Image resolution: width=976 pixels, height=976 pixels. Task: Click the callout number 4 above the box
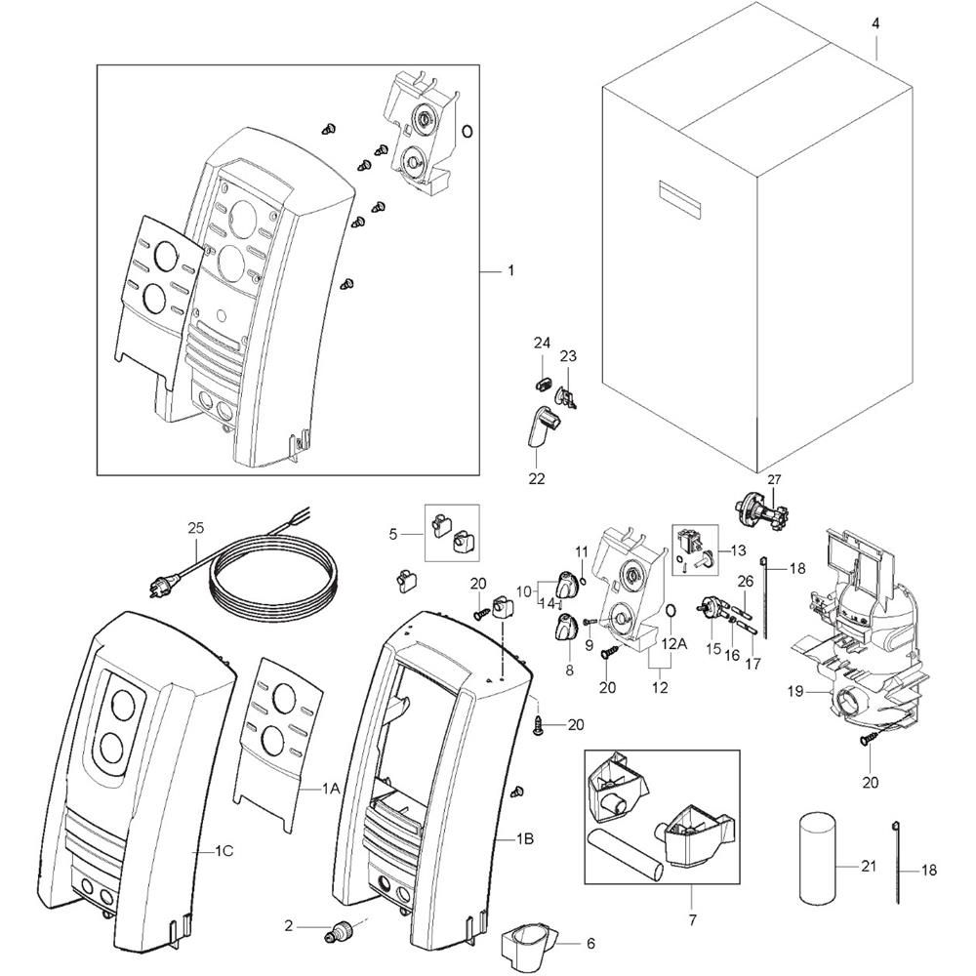[x=875, y=24]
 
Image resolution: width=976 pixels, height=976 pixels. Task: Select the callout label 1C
[x=224, y=851]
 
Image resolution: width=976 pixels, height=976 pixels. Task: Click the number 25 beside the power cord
[x=196, y=528]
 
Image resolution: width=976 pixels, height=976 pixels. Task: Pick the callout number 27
[x=774, y=479]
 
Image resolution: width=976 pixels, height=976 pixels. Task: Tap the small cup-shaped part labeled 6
[x=530, y=943]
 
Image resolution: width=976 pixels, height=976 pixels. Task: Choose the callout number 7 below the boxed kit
[x=693, y=919]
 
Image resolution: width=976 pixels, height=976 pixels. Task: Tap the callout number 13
[x=738, y=550]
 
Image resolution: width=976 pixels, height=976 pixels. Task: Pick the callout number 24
[x=542, y=343]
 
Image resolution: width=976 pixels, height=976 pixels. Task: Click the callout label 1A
[x=331, y=788]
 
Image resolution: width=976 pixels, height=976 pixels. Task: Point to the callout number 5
[x=392, y=534]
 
